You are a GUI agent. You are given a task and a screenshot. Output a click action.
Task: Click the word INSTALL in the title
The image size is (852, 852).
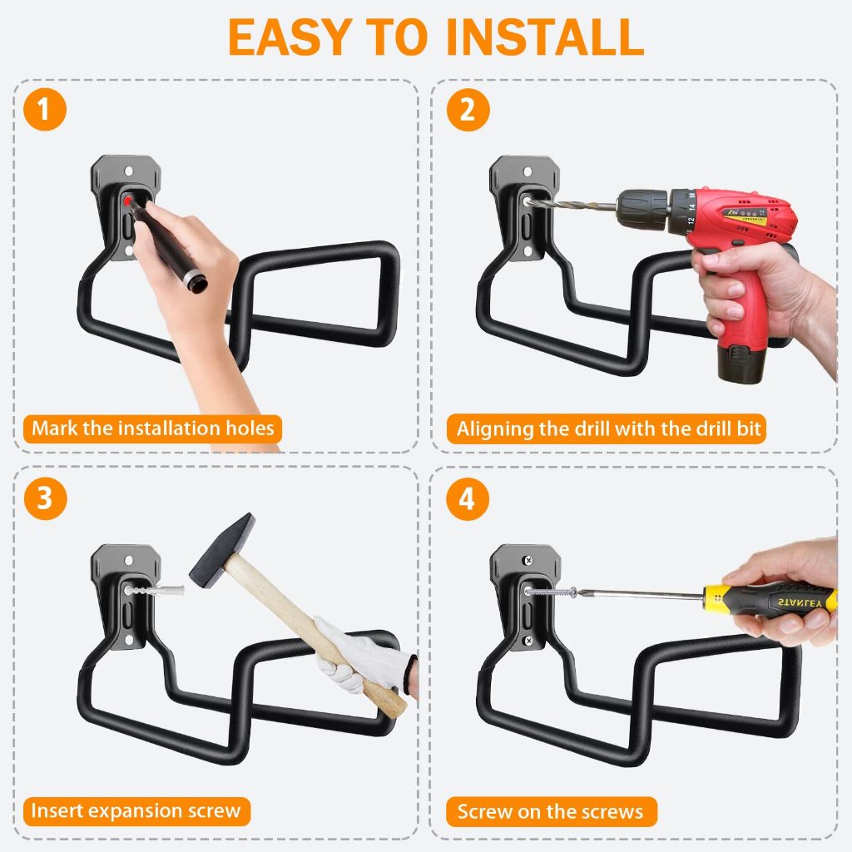[544, 37]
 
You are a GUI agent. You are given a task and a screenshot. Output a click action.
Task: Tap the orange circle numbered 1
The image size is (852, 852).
[45, 110]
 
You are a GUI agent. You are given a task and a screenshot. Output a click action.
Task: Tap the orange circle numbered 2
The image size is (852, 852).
[468, 110]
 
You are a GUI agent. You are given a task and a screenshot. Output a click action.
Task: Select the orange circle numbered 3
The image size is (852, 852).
[45, 498]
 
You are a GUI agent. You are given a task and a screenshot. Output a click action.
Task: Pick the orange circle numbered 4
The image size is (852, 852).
[468, 498]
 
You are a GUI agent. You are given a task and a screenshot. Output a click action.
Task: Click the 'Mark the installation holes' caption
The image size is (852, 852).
[153, 429]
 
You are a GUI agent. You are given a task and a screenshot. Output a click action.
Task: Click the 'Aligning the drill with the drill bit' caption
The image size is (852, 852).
[607, 430]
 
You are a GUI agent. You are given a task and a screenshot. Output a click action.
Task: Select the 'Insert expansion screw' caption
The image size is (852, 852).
[136, 810]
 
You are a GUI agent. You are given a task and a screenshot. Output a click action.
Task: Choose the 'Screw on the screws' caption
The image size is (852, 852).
[551, 811]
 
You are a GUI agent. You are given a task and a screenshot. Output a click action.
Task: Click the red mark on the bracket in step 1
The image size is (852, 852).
[127, 201]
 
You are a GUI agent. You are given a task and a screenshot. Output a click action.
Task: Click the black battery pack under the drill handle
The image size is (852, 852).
[741, 358]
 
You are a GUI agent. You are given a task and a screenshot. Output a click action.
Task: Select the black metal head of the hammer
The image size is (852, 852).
[221, 550]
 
